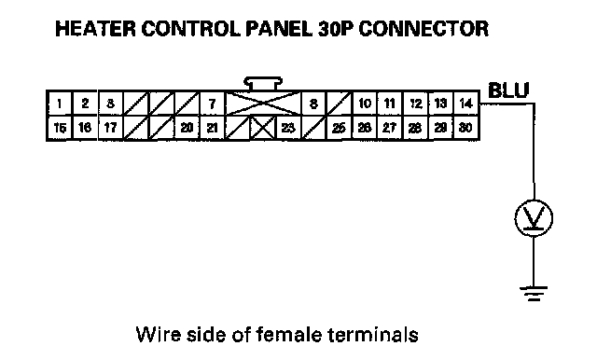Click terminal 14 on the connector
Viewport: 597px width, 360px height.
point(466,104)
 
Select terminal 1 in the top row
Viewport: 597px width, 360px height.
point(60,104)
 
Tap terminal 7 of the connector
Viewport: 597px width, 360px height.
point(213,104)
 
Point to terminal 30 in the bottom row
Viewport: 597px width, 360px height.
point(466,128)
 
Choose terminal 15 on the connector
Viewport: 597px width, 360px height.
point(60,128)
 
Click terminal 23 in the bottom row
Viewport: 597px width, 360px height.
point(288,128)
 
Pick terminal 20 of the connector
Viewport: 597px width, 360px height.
point(187,128)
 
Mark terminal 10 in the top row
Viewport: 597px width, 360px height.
point(365,104)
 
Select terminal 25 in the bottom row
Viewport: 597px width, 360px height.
point(339,128)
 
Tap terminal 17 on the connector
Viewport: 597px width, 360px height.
point(110,128)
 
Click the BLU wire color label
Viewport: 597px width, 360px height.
point(508,90)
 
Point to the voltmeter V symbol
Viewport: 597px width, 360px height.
point(534,218)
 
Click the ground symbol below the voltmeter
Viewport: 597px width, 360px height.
point(534,294)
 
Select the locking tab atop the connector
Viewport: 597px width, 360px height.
point(263,84)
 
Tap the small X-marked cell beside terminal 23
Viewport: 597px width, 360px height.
point(263,128)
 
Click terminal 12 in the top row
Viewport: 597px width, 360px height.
point(416,104)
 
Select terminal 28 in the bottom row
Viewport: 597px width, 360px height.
point(416,128)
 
